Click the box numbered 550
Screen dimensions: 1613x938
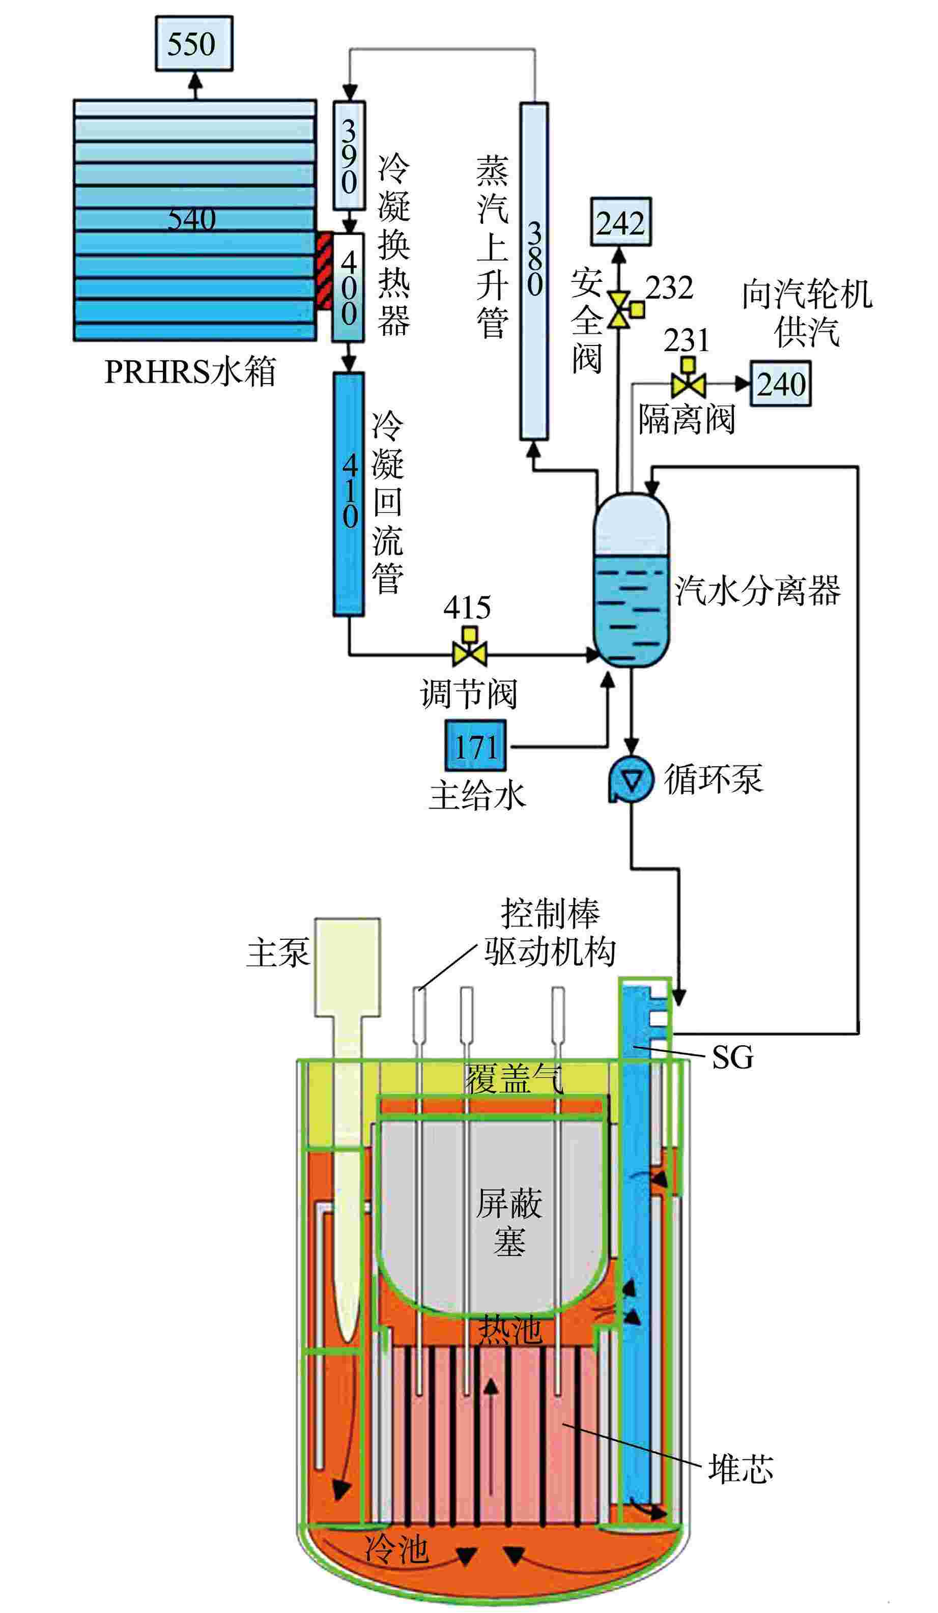pos(193,44)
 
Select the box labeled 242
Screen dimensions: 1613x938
pos(620,222)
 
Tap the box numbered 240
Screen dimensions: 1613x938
pos(781,384)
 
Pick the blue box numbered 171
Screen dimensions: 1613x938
pos(475,745)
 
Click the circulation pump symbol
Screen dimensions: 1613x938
pos(631,779)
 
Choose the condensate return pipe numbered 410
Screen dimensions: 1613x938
pos(348,493)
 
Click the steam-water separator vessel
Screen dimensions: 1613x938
pos(631,579)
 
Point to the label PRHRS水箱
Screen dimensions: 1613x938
pos(190,371)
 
